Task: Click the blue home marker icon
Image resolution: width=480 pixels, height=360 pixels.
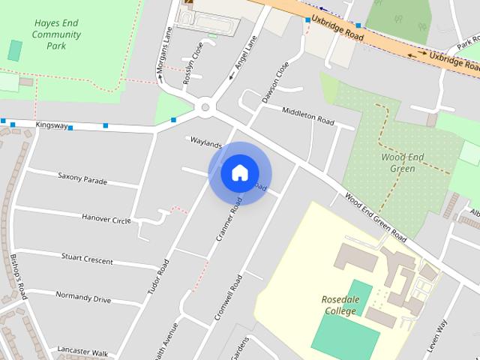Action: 239,172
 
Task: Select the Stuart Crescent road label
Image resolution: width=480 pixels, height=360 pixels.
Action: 87,259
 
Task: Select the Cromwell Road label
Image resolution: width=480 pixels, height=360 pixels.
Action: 228,298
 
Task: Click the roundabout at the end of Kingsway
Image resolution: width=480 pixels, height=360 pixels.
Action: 204,108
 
